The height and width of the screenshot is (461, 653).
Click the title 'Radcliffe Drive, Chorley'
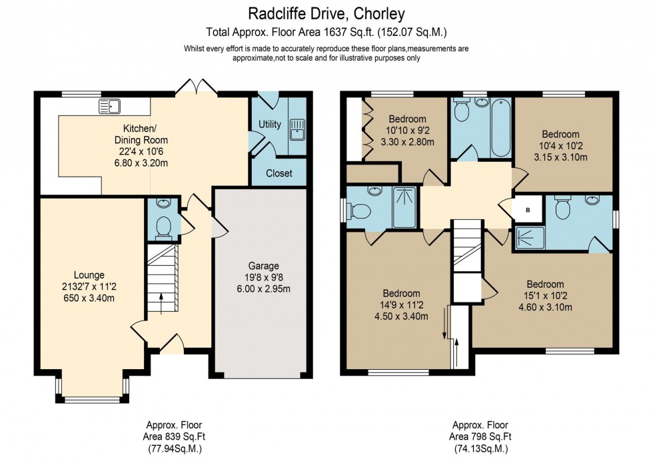coord(326,13)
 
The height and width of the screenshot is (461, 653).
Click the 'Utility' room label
coord(270,125)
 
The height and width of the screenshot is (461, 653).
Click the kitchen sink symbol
coord(109,106)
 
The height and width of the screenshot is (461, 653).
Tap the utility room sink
coord(297,128)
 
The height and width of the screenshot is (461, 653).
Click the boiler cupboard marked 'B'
coord(528,210)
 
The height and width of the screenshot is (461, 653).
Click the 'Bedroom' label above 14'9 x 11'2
coord(401,293)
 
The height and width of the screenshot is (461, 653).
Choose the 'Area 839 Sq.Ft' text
coord(173,438)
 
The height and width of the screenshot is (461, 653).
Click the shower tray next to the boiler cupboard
coord(529,238)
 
